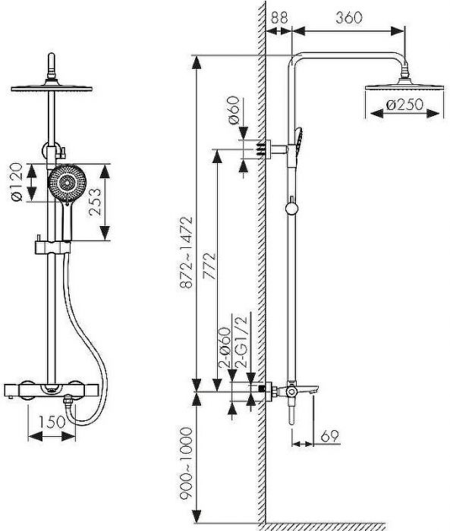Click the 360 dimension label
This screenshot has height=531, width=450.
tap(348, 17)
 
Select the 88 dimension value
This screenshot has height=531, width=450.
tap(279, 17)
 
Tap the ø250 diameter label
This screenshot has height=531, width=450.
tap(404, 105)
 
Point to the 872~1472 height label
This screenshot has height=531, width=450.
tap(187, 253)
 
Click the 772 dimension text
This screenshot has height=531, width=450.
tap(209, 265)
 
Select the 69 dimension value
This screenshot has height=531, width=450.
tap(329, 436)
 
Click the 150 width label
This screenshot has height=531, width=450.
tap(52, 422)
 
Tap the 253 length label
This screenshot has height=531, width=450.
tap(95, 202)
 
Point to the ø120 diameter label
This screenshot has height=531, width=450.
tap(17, 183)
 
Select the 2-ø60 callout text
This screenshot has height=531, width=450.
tap(225, 347)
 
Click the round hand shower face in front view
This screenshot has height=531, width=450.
tap(67, 183)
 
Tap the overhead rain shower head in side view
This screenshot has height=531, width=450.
tap(404, 83)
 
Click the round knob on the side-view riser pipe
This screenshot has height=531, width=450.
tap(291, 209)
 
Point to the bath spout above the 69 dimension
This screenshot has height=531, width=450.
tap(307, 388)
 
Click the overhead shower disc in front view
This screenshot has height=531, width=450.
tap(52, 89)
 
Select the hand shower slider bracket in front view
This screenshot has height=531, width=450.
tap(52, 247)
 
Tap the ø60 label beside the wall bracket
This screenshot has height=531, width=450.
tap(234, 111)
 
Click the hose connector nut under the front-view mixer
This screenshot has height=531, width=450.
tap(68, 401)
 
